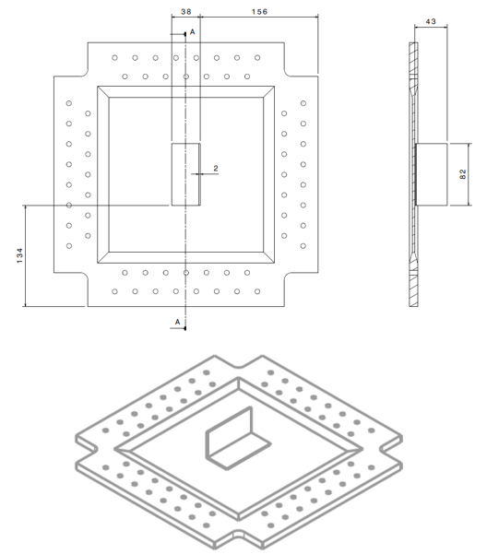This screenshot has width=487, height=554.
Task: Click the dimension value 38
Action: (185, 12)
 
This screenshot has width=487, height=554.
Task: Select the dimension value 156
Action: (259, 12)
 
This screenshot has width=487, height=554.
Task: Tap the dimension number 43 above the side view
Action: (430, 19)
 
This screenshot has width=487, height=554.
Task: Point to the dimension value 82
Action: (462, 174)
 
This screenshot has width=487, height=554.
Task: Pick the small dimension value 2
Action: (215, 169)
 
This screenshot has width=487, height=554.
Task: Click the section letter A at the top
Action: (193, 32)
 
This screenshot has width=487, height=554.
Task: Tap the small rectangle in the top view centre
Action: (185, 174)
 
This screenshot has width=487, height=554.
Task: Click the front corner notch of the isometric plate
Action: (238, 536)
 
